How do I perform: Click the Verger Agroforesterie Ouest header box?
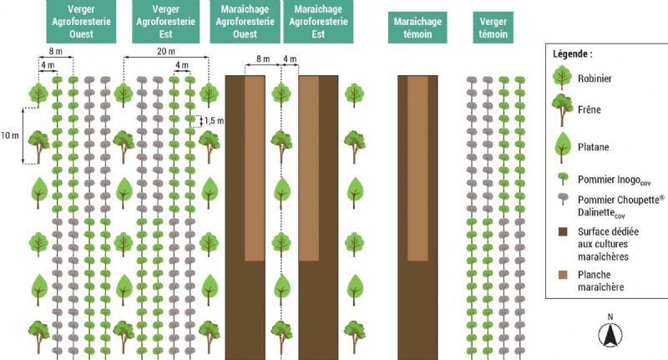[81, 23]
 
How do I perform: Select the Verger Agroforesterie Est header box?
[164, 23]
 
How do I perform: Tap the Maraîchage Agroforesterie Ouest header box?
[245, 23]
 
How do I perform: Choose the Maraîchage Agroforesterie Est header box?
[317, 23]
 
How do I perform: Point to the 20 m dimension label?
[166, 52]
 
